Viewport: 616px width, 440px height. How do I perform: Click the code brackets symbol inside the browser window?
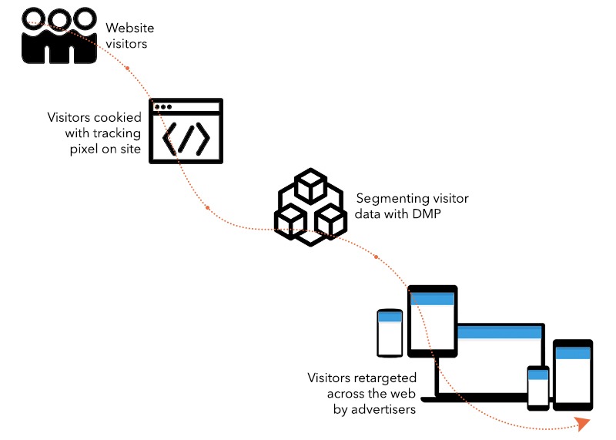186,137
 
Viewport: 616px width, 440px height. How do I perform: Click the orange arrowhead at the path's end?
583,423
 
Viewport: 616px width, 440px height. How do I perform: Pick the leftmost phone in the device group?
390,332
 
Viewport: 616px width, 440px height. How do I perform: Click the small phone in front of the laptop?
537,388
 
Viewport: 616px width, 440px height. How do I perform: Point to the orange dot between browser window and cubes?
207,208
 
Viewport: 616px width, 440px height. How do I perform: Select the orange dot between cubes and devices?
376,256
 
